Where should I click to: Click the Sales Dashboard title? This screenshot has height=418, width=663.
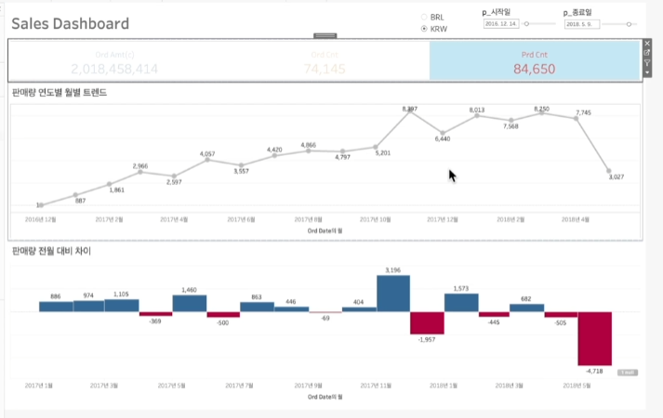click(x=70, y=24)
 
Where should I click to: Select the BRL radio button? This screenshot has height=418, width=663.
click(x=425, y=17)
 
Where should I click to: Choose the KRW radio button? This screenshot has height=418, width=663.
click(x=425, y=29)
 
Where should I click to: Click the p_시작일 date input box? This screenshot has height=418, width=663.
click(x=502, y=24)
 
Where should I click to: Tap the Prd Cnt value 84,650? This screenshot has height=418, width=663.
click(x=534, y=69)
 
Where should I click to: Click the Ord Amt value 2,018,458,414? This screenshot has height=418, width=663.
click(x=114, y=69)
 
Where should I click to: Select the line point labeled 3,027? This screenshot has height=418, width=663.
click(x=609, y=172)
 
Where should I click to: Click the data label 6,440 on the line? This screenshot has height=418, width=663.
click(x=443, y=138)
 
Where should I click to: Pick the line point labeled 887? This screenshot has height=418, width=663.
click(x=76, y=195)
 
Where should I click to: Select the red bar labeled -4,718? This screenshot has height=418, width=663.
click(x=594, y=338)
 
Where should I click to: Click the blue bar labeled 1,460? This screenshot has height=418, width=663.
click(x=190, y=303)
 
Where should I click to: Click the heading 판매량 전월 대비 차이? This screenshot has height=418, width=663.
click(x=51, y=251)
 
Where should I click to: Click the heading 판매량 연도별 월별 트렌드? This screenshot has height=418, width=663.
click(x=60, y=92)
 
